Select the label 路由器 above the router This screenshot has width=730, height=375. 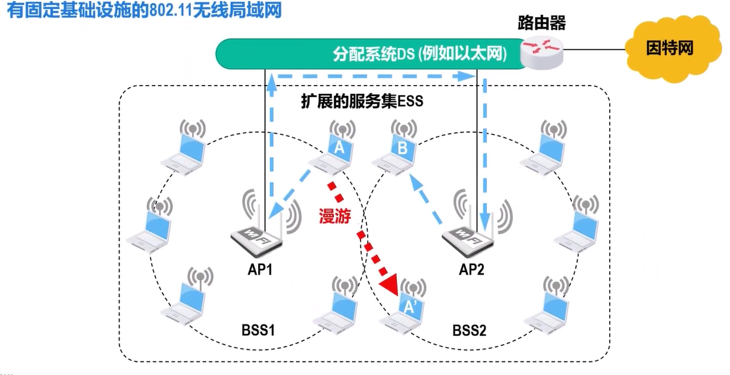point(541,24)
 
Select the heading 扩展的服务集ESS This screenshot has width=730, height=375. point(362,102)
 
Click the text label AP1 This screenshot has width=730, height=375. point(260,270)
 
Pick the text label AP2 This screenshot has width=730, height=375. point(472,270)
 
